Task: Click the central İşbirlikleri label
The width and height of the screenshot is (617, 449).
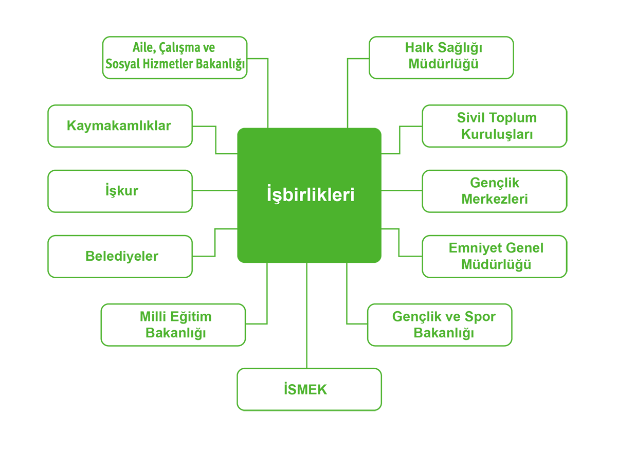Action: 311,194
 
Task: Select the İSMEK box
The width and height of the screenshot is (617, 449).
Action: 309,389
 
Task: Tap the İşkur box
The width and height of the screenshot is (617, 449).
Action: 120,191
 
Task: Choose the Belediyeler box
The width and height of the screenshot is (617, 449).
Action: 120,257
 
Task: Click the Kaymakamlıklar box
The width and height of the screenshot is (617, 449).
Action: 120,126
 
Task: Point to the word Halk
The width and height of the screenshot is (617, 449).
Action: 419,48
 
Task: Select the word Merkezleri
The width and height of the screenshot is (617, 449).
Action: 495,199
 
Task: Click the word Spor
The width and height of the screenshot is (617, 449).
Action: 480,316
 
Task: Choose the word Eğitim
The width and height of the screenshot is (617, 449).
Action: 191,316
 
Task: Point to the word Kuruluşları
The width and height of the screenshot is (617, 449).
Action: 497,134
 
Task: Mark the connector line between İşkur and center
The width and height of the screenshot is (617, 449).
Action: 215,190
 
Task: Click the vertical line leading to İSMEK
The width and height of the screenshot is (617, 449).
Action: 306,315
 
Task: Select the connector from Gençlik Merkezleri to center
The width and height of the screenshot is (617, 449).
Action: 402,190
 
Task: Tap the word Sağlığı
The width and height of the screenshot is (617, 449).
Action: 460,48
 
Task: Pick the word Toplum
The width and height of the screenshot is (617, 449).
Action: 511,118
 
